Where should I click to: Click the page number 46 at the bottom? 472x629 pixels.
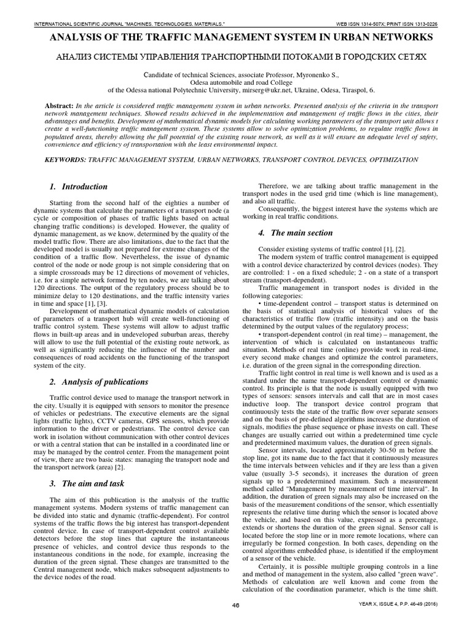pyautogui.click(x=235, y=621)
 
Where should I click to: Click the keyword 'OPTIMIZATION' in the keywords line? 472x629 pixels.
pyautogui.click(x=390, y=160)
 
